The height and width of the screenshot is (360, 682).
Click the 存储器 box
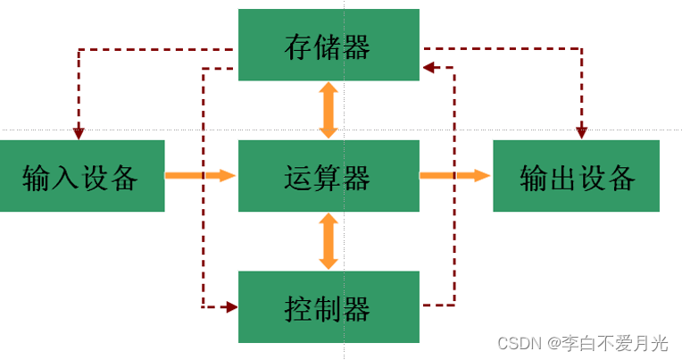(x=329, y=45)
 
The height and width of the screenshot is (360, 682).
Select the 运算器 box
(x=329, y=176)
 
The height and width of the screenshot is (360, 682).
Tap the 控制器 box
(x=329, y=307)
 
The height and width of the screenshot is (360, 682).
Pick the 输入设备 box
(x=81, y=176)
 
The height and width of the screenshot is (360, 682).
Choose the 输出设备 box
(x=577, y=176)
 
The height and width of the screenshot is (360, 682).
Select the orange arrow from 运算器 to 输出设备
(x=454, y=176)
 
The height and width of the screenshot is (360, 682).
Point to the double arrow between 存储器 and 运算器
(x=329, y=110)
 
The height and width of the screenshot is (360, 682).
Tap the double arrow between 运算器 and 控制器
(x=329, y=241)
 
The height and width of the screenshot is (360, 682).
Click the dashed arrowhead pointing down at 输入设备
(x=79, y=133)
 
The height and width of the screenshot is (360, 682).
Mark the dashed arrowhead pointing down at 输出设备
(x=582, y=133)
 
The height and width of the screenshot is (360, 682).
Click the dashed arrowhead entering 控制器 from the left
(x=231, y=307)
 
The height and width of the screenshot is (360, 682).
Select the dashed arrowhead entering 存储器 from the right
(x=428, y=66)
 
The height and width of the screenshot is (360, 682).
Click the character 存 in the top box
(x=298, y=46)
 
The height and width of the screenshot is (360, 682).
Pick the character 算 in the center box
(x=328, y=177)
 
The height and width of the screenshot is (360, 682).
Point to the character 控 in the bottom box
(x=298, y=308)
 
